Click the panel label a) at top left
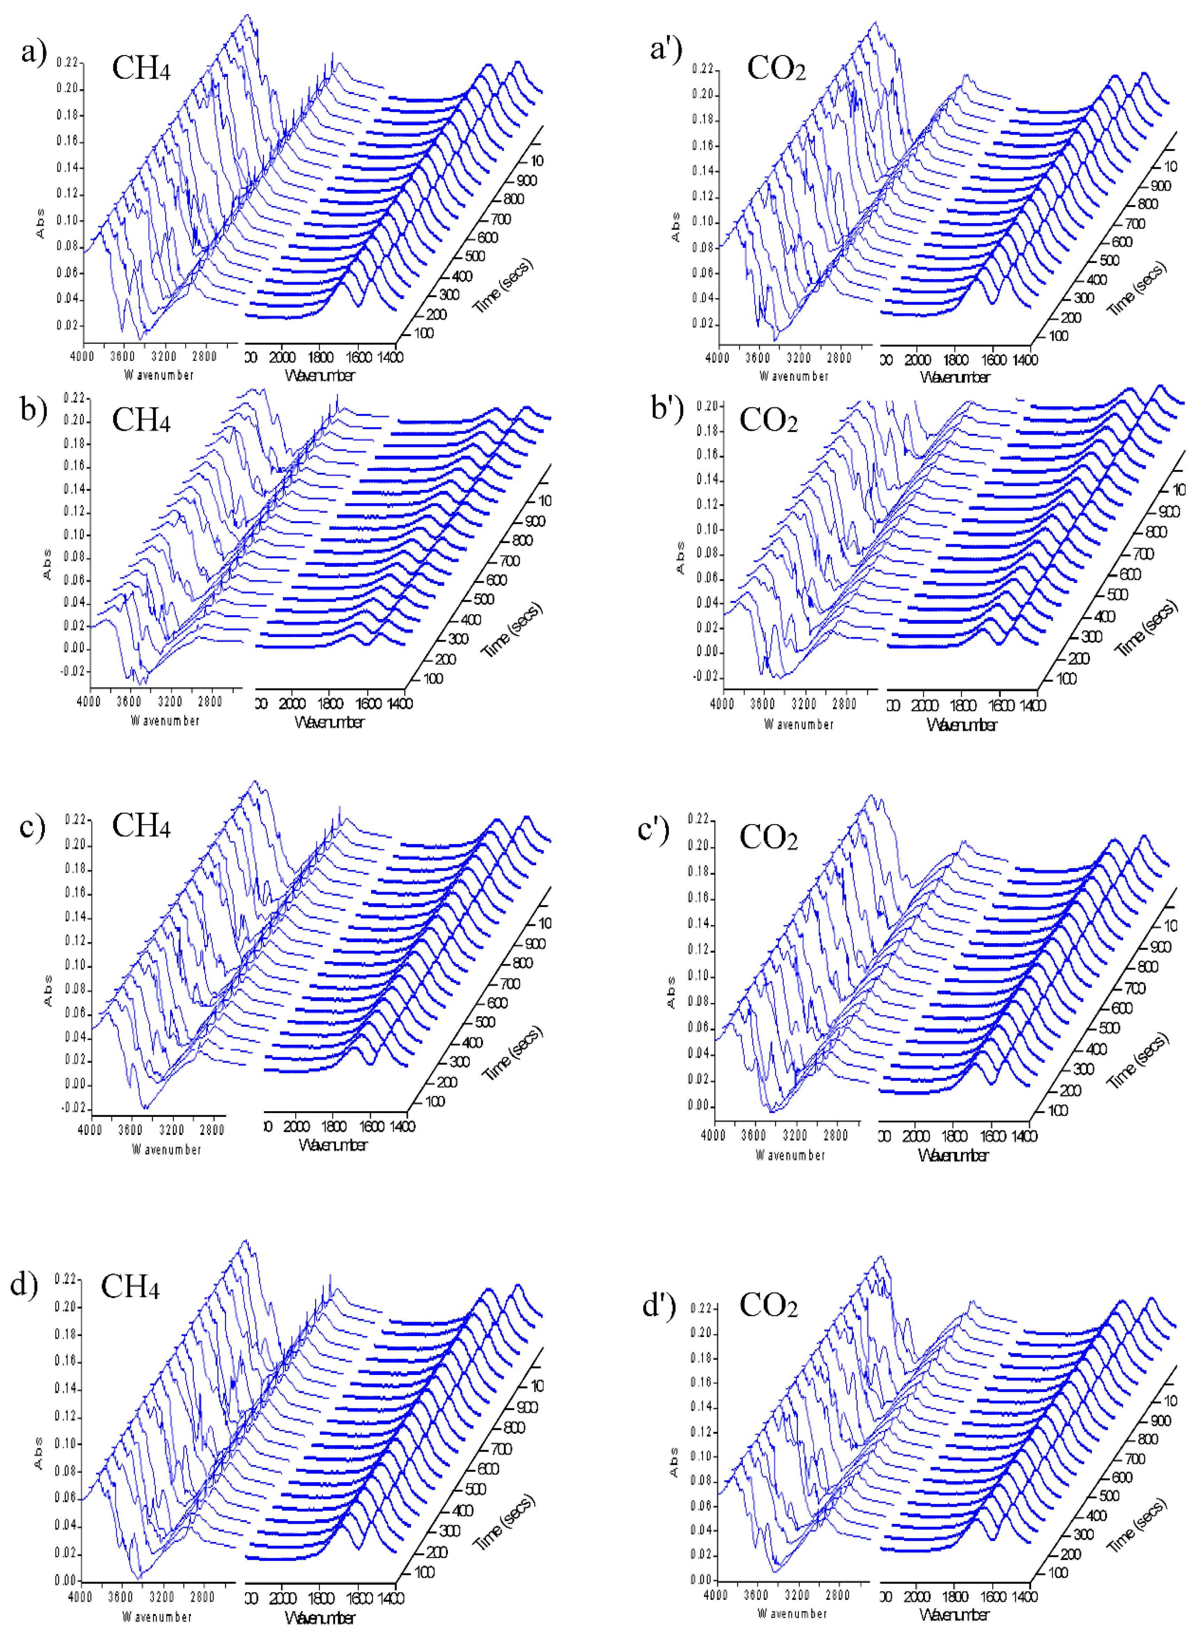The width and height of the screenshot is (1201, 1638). [33, 52]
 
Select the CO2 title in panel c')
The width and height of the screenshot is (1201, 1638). [768, 837]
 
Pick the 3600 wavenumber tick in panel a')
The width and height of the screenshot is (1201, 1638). [758, 358]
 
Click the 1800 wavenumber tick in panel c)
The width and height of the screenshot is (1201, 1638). [334, 1126]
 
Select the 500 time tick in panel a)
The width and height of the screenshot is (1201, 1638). [475, 256]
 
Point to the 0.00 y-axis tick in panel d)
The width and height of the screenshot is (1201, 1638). [65, 1580]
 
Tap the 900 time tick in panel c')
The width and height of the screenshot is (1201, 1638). [1160, 947]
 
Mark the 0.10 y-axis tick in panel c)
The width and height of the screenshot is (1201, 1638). [75, 965]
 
